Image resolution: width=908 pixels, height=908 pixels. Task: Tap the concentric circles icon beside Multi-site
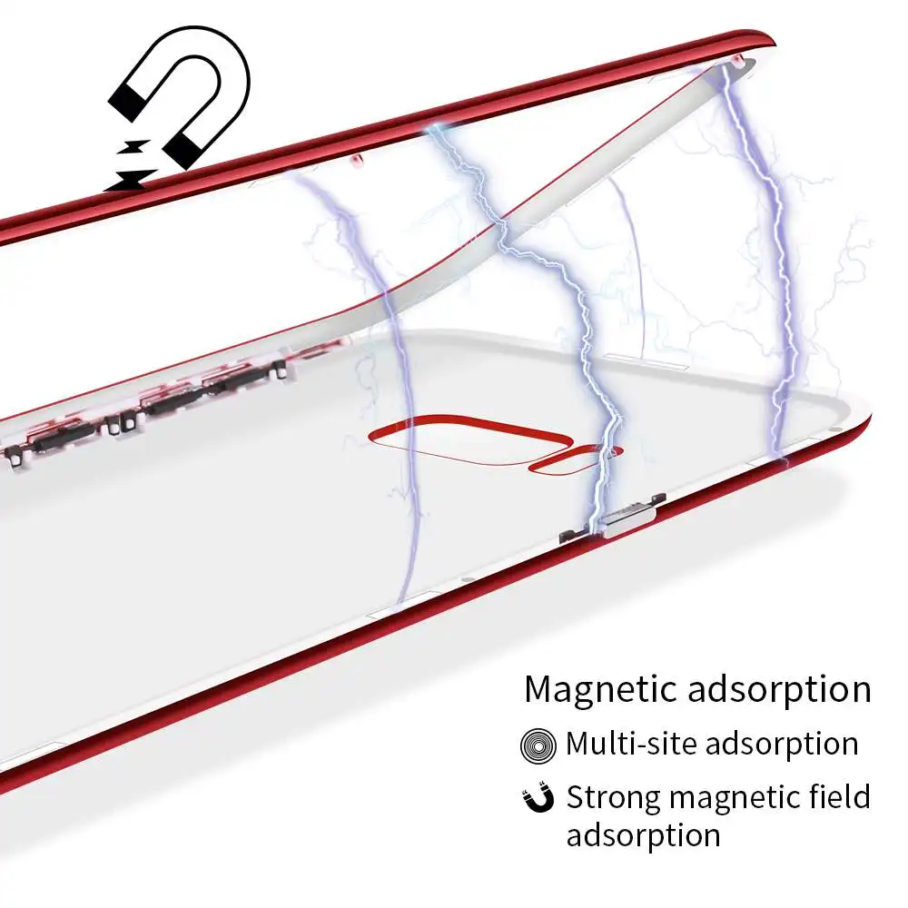click(x=538, y=745)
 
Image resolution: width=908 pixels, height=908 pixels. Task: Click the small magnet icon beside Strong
click(x=538, y=797)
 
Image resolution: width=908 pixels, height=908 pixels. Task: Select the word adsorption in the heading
click(x=779, y=690)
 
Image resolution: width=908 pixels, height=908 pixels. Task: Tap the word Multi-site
click(x=631, y=744)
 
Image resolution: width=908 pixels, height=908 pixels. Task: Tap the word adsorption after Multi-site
click(x=781, y=745)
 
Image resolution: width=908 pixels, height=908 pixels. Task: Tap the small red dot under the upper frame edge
click(x=357, y=158)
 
